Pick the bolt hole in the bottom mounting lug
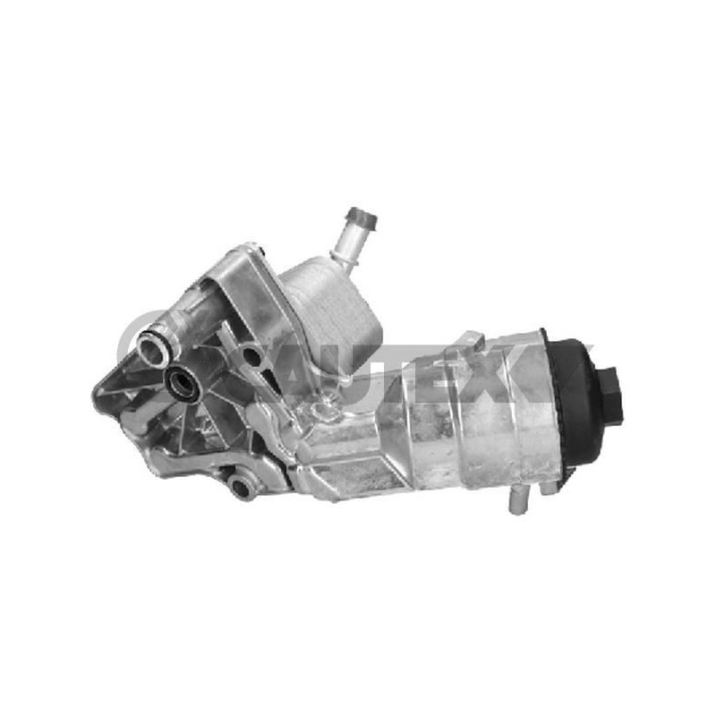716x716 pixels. coord(242,487)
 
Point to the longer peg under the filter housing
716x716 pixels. coord(517,501)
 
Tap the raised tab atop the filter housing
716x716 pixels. coord(472,345)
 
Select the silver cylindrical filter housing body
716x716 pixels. coord(465,421)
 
